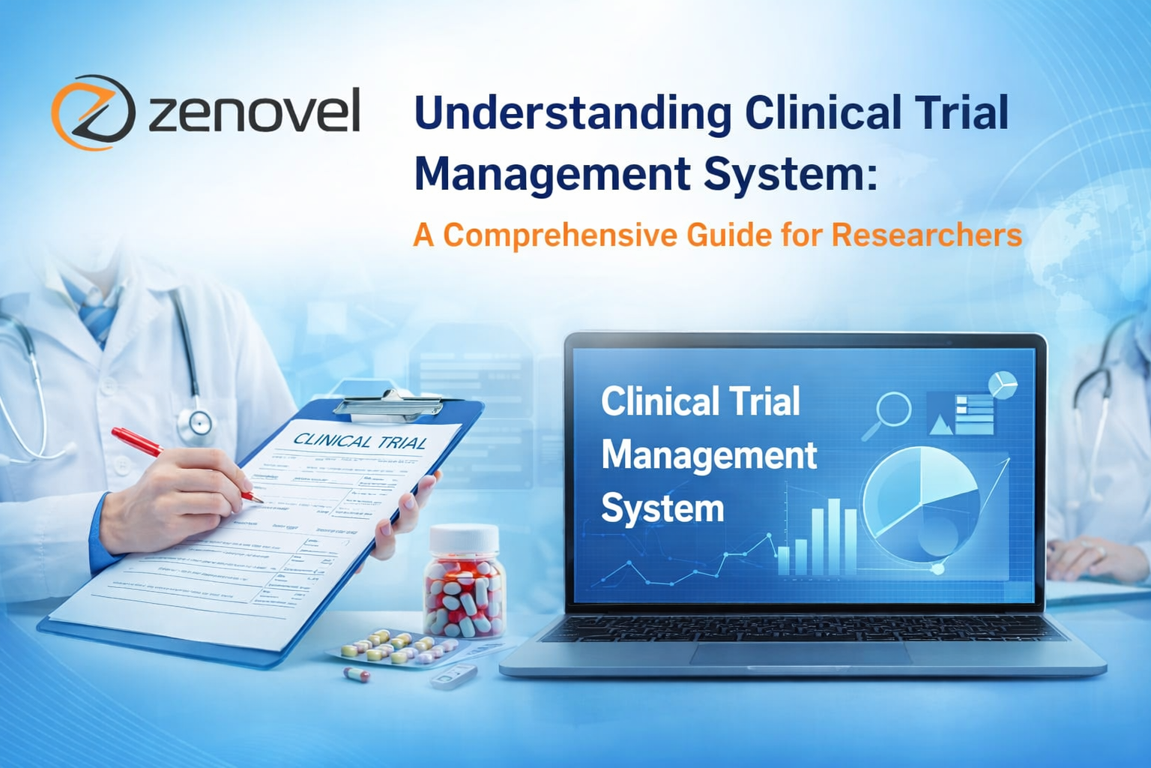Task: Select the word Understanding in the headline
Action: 573,113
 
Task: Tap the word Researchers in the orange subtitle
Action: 926,235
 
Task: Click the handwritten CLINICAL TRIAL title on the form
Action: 360,441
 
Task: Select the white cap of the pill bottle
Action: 464,538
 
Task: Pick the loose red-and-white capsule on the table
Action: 357,674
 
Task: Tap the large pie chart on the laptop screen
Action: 919,502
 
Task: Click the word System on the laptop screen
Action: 662,508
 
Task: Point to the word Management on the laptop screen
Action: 708,455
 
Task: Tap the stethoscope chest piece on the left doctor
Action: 199,422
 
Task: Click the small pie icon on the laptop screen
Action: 1002,384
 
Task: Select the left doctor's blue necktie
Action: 100,315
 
